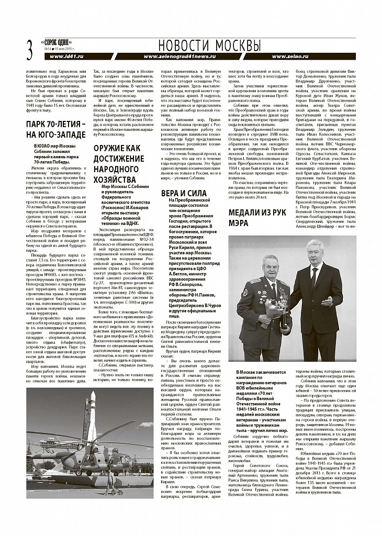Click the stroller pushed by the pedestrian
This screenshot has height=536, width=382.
tap(120, 490)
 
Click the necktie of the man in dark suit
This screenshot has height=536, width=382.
tap(313, 277)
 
